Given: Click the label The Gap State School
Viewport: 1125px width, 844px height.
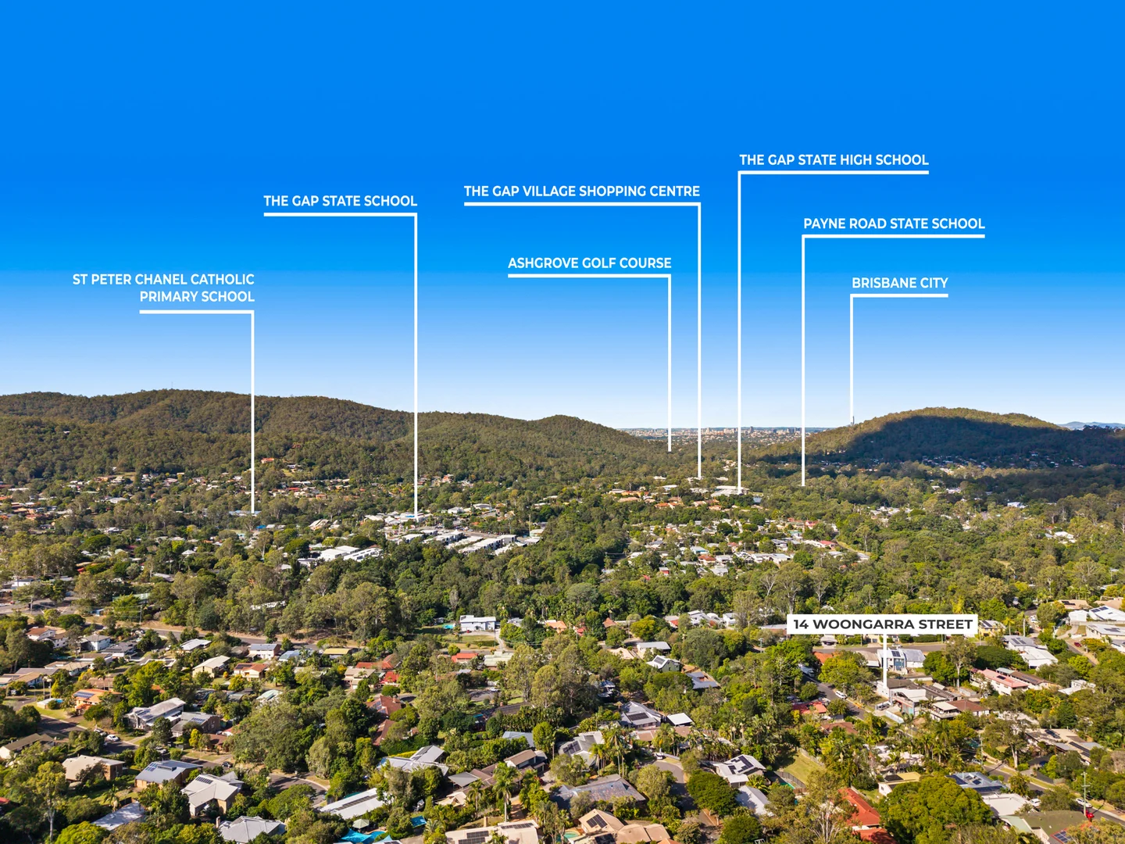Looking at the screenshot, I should click(x=340, y=201).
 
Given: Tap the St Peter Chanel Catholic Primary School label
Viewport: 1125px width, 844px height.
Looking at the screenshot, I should click(x=164, y=288).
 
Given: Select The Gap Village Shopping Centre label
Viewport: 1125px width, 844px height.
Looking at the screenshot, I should click(x=581, y=191).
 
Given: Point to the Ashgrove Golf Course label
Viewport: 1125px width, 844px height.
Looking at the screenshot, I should click(x=589, y=263).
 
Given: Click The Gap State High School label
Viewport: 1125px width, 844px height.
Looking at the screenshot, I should click(x=834, y=160).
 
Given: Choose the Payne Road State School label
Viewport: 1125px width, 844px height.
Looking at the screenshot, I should click(x=894, y=224).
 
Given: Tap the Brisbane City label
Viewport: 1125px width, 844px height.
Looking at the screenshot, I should click(x=899, y=283).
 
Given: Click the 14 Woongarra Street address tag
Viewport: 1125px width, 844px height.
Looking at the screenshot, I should click(x=882, y=624).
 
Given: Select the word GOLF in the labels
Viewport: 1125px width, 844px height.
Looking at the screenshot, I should click(x=598, y=263).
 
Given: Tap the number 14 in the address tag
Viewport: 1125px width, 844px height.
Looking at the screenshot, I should click(x=800, y=624).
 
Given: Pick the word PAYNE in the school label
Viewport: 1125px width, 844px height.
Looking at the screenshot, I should click(x=824, y=224).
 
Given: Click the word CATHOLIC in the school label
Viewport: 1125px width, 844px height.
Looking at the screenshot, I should click(x=222, y=279).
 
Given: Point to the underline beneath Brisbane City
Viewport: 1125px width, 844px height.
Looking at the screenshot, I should click(x=899, y=296).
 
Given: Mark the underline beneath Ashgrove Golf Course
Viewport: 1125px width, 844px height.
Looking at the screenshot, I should click(x=589, y=276).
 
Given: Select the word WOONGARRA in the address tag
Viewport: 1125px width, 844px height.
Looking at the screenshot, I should click(x=862, y=624).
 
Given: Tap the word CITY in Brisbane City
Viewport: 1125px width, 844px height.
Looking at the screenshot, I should click(x=934, y=283).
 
